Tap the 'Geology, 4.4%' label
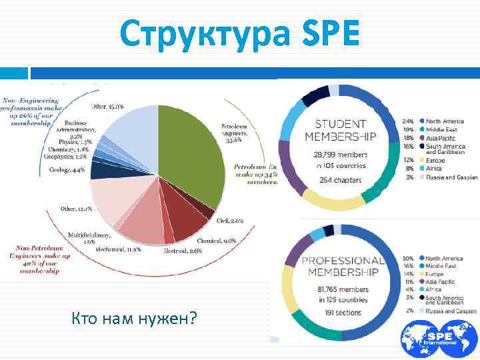[67, 169]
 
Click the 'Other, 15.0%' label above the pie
[107, 106]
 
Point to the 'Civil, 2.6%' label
[230, 220]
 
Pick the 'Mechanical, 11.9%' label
[119, 249]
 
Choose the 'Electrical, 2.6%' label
[183, 251]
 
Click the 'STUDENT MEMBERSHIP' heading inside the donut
[340, 130]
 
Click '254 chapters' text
[340, 180]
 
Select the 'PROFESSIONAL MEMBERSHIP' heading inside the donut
[341, 266]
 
